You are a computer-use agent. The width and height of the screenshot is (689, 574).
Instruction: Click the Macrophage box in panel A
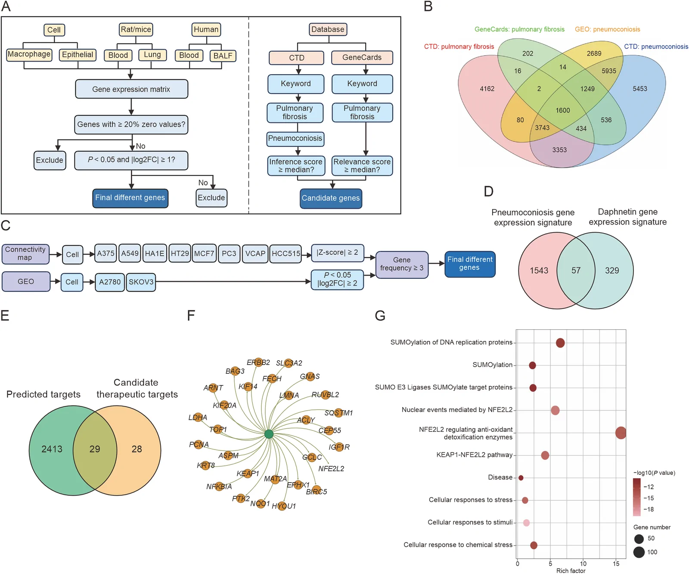tap(29, 55)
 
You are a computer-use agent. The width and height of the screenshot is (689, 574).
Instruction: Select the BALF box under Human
tap(223, 56)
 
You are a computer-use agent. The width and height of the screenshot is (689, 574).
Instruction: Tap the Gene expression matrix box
tap(131, 89)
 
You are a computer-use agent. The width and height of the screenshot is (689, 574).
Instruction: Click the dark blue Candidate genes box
tap(331, 198)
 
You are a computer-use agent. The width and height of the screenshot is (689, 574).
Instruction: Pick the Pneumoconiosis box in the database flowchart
tap(295, 139)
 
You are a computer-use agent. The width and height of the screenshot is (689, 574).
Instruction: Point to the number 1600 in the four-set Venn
tap(562, 110)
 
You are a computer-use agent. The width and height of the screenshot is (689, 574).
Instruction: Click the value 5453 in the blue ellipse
tap(639, 89)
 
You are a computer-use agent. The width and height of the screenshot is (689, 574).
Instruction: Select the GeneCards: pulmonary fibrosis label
tap(519, 29)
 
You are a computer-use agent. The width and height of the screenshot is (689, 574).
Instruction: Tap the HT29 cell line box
tap(180, 253)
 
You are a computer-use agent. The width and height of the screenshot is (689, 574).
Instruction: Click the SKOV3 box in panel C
tap(141, 282)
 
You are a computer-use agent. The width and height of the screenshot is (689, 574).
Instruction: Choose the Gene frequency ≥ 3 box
tap(402, 264)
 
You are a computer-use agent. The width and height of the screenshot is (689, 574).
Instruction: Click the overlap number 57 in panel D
tap(576, 271)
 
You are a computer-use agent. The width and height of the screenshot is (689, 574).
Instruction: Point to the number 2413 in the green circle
tap(52, 449)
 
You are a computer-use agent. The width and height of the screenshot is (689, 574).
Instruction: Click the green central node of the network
tap(269, 434)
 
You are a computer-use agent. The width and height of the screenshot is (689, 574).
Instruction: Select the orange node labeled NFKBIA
tap(219, 487)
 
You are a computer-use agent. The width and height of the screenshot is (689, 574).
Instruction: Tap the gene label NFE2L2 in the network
tap(331, 469)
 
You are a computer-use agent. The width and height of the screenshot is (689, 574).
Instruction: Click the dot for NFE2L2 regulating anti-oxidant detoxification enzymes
tap(621, 433)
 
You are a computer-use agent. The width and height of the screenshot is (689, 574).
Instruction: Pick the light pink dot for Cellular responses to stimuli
tap(526, 523)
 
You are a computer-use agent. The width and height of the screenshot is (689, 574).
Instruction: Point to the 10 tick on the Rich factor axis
tap(583, 564)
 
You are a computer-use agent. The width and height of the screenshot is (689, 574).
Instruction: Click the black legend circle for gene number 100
tap(639, 552)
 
